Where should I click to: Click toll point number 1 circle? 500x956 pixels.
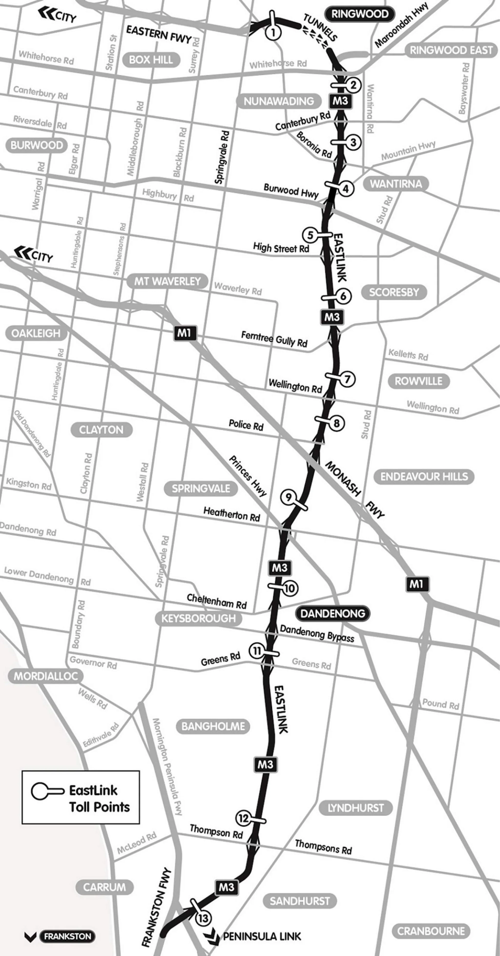coord(273,32)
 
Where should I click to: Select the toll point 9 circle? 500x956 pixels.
coord(288,497)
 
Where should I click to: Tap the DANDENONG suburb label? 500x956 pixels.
coord(332,613)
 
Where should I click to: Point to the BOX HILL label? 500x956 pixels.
coord(151,60)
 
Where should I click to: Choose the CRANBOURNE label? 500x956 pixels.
coord(431,931)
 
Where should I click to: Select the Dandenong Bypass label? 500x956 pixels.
coord(317,633)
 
